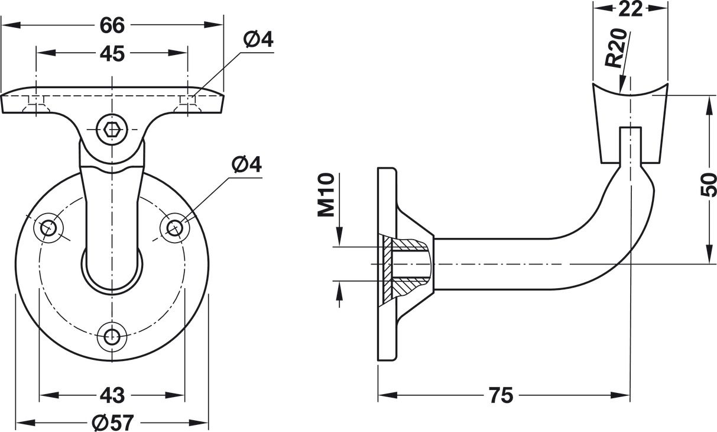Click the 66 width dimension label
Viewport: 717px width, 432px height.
pyautogui.click(x=112, y=25)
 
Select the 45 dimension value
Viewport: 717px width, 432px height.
pyautogui.click(x=112, y=54)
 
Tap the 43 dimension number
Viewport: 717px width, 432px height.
pyautogui.click(x=112, y=395)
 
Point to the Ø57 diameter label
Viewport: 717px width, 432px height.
pyautogui.click(x=112, y=423)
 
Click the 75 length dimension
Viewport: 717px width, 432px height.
pyautogui.click(x=501, y=395)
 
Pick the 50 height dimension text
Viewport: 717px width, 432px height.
pyautogui.click(x=708, y=185)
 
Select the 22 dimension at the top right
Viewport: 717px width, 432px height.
pyautogui.click(x=630, y=9)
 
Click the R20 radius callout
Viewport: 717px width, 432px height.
pyautogui.click(x=616, y=48)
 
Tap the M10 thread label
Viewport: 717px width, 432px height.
pyautogui.click(x=326, y=195)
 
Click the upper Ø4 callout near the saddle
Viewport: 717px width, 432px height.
pyautogui.click(x=258, y=40)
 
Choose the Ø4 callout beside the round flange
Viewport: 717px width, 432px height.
pyautogui.click(x=246, y=164)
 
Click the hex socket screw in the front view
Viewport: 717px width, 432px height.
pyautogui.click(x=112, y=130)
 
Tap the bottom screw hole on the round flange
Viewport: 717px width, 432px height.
pyautogui.click(x=112, y=337)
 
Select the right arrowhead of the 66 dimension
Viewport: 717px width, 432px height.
pyautogui.click(x=213, y=25)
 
